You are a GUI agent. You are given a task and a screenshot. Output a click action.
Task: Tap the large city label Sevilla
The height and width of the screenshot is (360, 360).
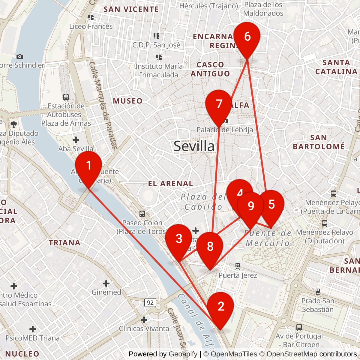[x=194, y=146]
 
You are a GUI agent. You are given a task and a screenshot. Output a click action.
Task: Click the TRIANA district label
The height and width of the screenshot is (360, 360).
[x=64, y=243]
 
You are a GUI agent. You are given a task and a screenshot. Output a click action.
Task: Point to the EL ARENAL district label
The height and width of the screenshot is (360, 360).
[x=170, y=184]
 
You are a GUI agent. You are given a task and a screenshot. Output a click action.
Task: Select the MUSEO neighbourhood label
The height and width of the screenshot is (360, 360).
[x=127, y=101]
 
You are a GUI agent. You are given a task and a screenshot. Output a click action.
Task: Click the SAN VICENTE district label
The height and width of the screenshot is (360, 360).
[x=131, y=9]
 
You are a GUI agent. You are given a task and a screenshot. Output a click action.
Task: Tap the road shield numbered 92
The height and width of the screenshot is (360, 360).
[x=150, y=302]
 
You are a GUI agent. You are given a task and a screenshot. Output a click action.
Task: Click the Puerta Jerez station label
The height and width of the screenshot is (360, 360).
[x=238, y=275]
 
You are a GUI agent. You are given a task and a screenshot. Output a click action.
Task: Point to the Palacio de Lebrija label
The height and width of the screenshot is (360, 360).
[x=225, y=130]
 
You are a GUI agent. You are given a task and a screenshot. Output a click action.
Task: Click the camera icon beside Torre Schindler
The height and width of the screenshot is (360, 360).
[x=20, y=56]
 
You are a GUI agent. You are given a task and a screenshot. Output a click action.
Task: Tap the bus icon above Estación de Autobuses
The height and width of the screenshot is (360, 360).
[x=66, y=97]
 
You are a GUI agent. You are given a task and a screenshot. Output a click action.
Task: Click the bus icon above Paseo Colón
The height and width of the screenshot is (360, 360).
[x=142, y=214]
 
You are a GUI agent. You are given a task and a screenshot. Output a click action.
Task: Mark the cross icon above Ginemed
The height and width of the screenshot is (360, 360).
[x=106, y=283]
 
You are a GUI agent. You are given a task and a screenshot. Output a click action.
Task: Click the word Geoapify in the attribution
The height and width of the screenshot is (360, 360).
[x=183, y=354]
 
